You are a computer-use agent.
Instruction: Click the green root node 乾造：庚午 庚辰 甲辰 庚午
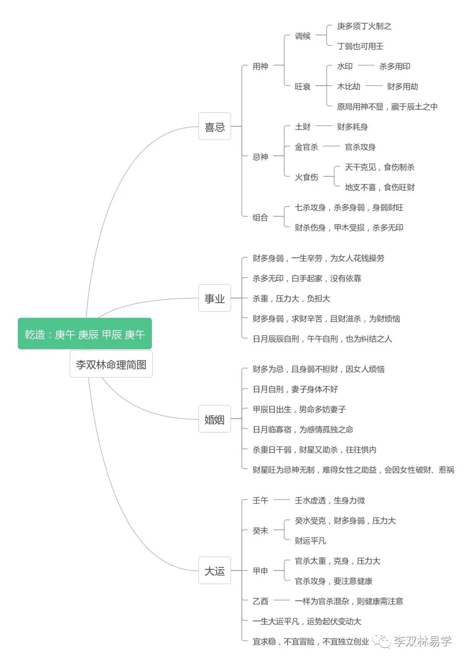click(85, 334)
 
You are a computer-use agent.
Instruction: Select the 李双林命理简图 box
click(111, 365)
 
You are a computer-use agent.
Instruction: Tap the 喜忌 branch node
click(214, 127)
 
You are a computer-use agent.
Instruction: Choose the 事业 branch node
click(214, 298)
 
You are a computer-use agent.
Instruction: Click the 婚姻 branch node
click(214, 419)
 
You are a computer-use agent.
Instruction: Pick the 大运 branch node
click(214, 571)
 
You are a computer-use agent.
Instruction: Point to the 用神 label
click(260, 66)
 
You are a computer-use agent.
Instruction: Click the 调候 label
click(303, 36)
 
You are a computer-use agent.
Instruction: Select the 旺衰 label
click(303, 86)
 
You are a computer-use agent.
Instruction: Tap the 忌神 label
click(260, 157)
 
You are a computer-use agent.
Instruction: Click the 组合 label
click(260, 217)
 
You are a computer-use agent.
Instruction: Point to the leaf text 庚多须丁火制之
click(364, 26)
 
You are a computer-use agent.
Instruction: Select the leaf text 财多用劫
click(402, 86)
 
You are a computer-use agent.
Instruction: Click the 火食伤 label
click(306, 177)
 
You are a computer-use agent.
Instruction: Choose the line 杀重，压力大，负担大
click(291, 298)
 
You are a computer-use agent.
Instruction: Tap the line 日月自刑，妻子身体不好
click(295, 389)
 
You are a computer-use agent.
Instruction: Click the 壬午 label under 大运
click(260, 500)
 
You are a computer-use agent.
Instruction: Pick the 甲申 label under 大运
click(260, 571)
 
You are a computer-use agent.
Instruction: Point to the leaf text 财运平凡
click(310, 540)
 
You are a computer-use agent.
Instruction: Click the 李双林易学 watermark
click(422, 641)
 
